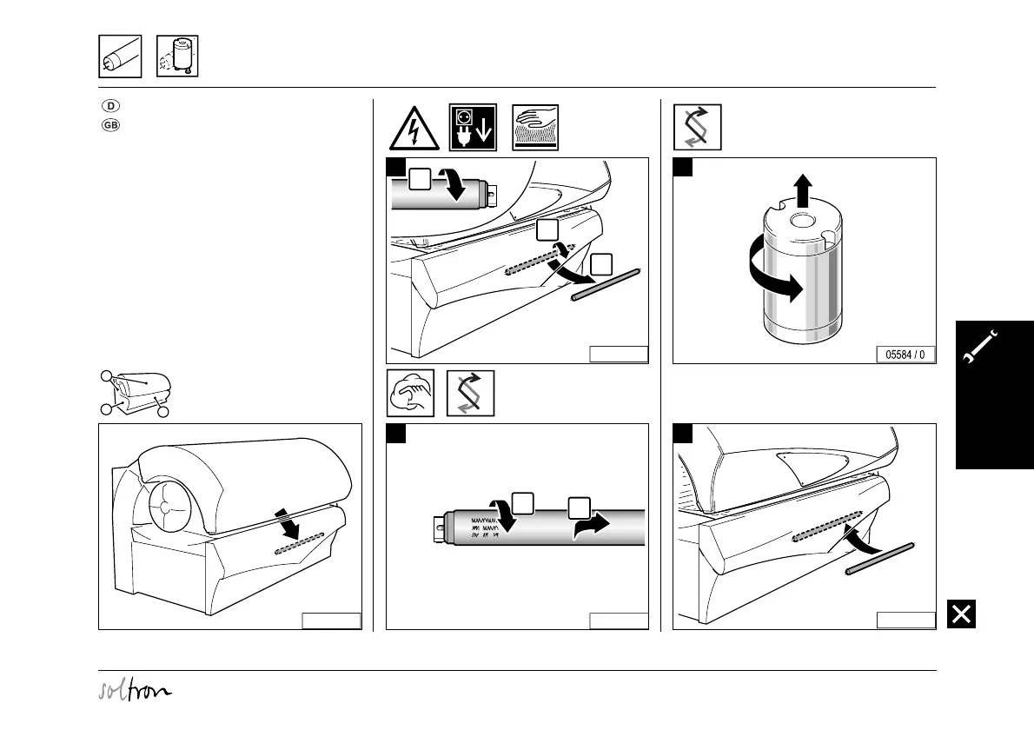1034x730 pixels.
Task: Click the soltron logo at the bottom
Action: pyautogui.click(x=134, y=691)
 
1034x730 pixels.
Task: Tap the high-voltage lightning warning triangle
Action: pyautogui.click(x=413, y=128)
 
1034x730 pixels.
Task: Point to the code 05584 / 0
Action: pyautogui.click(x=905, y=355)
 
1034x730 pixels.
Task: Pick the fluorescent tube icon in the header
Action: pyautogui.click(x=119, y=56)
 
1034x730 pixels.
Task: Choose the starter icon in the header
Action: pyautogui.click(x=177, y=56)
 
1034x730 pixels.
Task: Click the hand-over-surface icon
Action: pyautogui.click(x=536, y=128)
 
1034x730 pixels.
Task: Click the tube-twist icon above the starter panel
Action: pyautogui.click(x=697, y=128)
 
